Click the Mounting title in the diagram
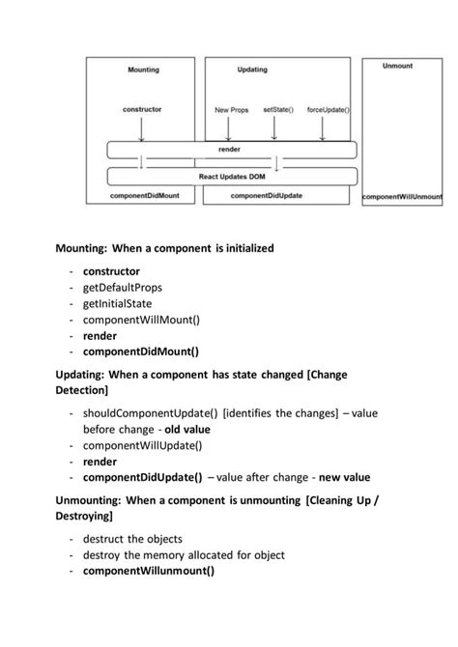143,70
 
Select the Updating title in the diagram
252,70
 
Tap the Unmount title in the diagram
397,66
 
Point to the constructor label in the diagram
142,109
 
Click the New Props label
232,110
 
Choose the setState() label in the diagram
277,109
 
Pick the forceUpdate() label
329,109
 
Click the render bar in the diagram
231,151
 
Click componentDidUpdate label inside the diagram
267,195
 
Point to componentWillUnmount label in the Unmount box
402,197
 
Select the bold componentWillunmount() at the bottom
148,571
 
